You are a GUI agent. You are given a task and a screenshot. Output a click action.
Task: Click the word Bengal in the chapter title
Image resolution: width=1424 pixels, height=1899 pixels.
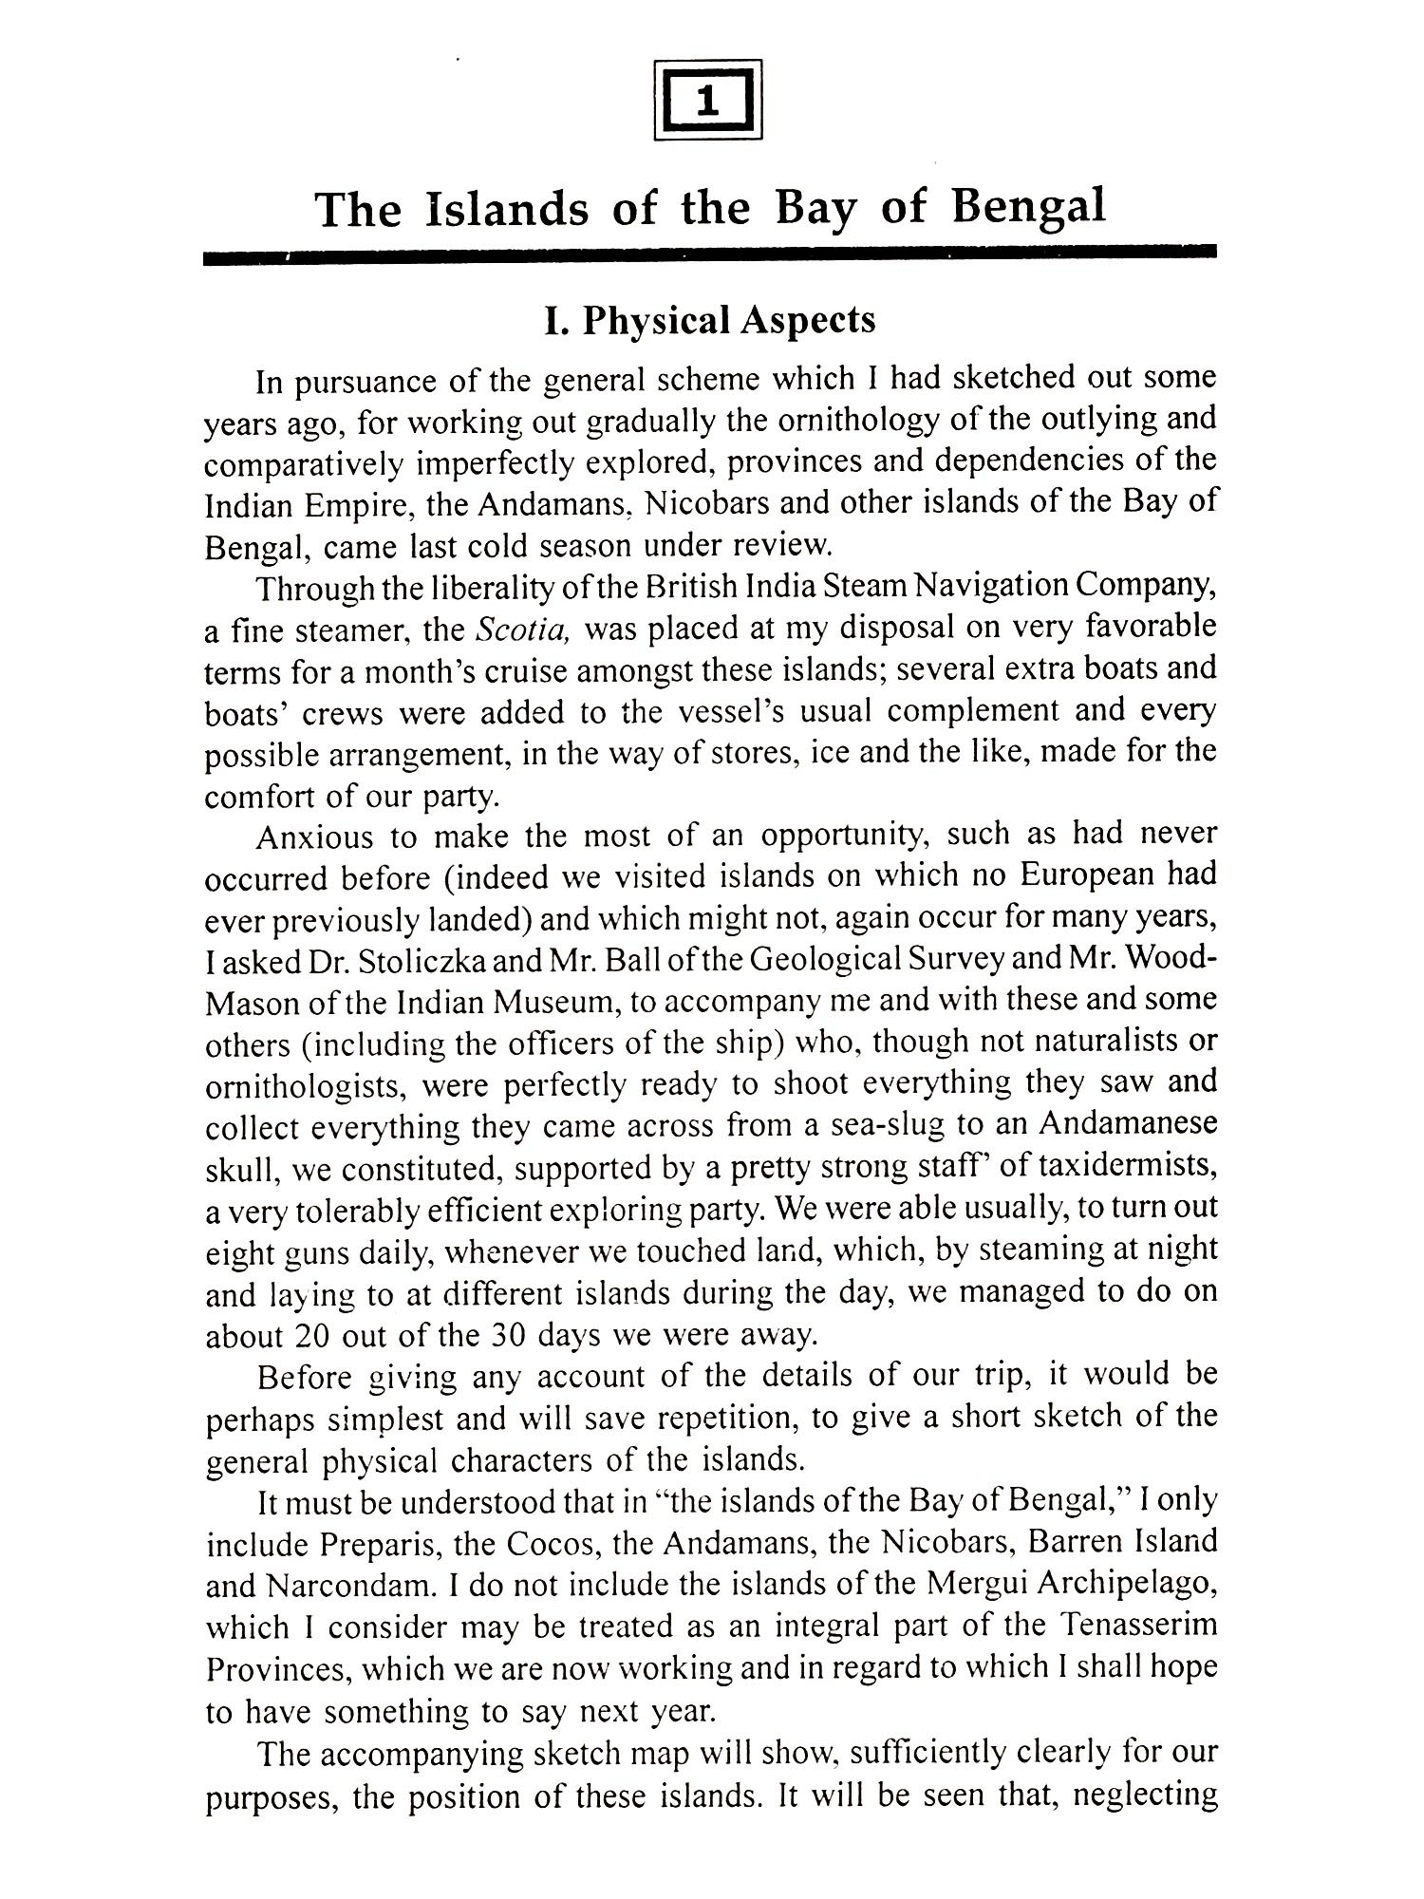click(1028, 207)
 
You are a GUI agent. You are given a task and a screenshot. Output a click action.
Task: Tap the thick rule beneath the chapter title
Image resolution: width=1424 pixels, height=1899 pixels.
click(709, 254)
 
